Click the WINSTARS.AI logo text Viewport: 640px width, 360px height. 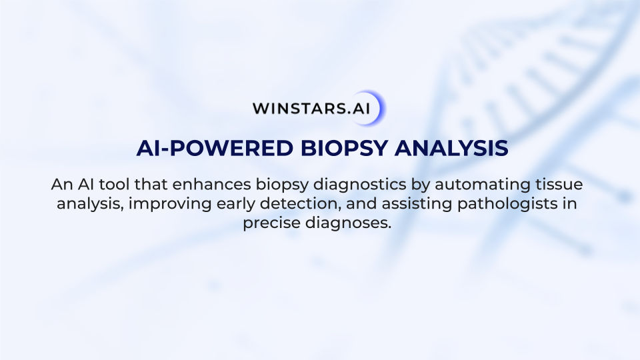(311, 109)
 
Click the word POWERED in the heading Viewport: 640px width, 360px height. (231, 148)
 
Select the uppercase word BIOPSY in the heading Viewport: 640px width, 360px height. (344, 148)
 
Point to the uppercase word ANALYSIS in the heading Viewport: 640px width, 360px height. (451, 148)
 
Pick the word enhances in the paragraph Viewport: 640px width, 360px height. (211, 185)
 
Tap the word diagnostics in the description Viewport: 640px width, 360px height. (359, 185)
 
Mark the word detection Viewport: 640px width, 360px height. (301, 204)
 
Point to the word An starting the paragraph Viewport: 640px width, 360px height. (62, 185)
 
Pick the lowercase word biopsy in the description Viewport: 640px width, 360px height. (282, 185)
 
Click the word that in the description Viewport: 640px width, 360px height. (151, 185)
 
